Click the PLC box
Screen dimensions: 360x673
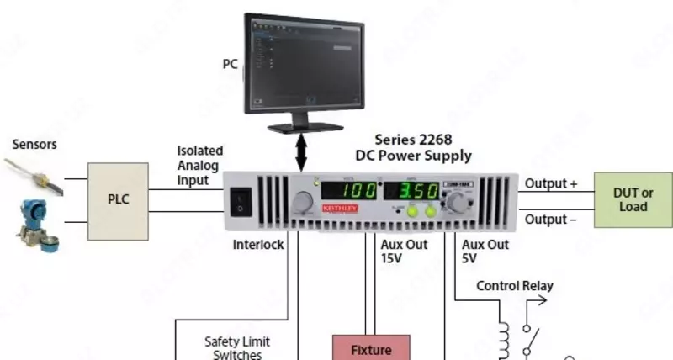[119, 200]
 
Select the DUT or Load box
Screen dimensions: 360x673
[633, 199]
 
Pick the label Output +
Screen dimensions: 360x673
[551, 183]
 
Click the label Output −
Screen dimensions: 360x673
[551, 220]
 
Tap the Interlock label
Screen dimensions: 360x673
[258, 245]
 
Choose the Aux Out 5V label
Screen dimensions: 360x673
[485, 251]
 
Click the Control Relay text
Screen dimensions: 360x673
[515, 286]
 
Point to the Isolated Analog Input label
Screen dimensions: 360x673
[199, 165]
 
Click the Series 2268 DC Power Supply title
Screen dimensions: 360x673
[413, 147]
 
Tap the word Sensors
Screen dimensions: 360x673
[34, 144]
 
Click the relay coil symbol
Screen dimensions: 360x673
[504, 338]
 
